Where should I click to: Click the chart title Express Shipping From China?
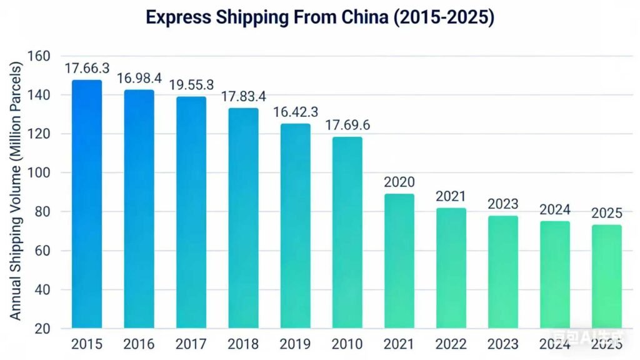click(320, 17)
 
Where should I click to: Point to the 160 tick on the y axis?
click(39, 56)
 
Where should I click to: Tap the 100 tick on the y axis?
click(39, 173)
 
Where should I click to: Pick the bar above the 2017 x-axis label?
click(191, 212)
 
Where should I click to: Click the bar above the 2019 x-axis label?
click(295, 226)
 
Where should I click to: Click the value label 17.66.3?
click(87, 68)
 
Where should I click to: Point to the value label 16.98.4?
click(139, 78)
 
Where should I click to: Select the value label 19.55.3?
click(191, 84)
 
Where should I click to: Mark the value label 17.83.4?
click(243, 96)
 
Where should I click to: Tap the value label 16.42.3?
click(295, 112)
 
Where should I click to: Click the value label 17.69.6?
click(347, 125)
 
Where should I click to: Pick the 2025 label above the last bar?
click(607, 213)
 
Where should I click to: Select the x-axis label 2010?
click(347, 344)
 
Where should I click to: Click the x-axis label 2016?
click(139, 344)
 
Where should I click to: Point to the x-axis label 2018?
click(243, 344)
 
